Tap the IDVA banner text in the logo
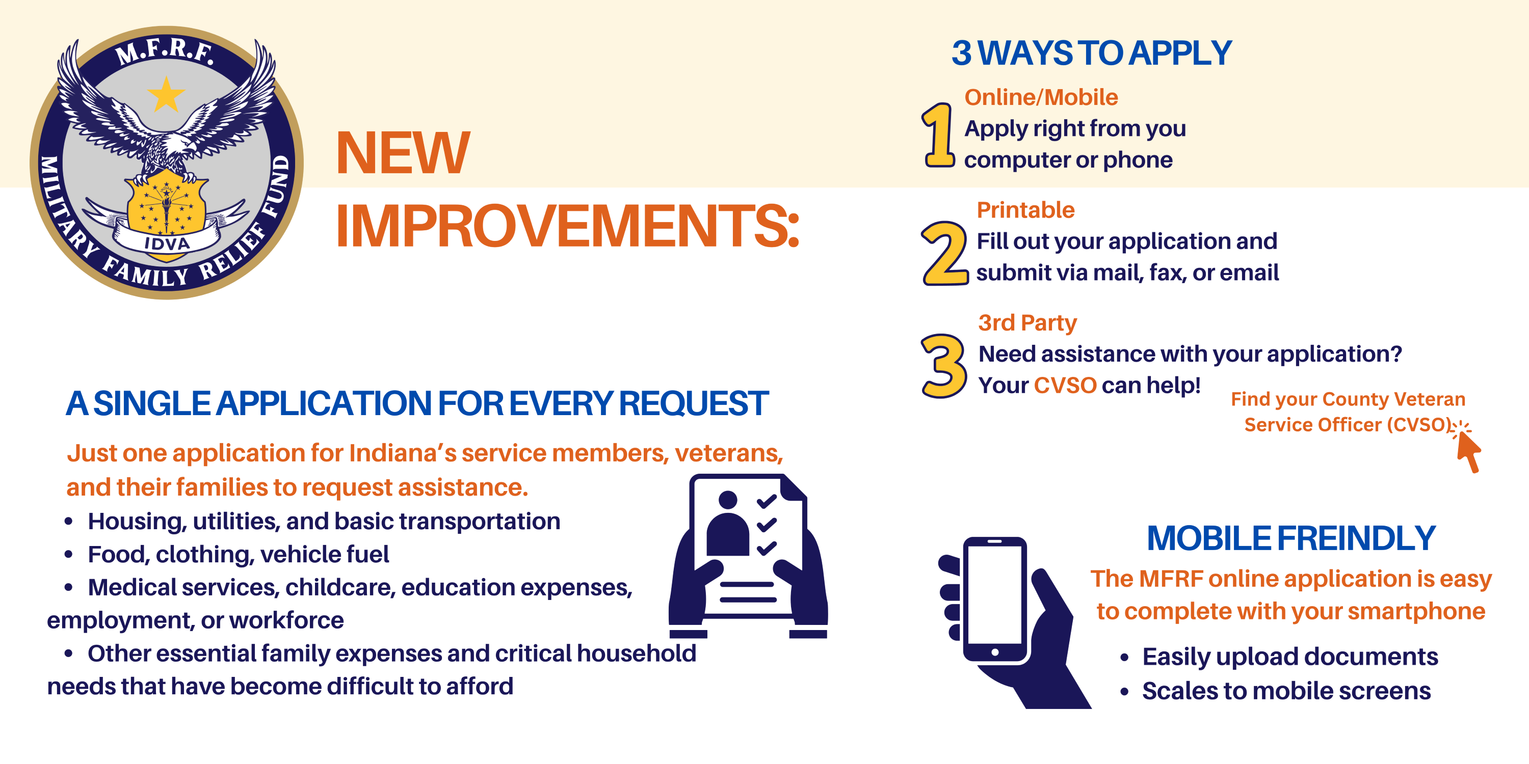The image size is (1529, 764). [167, 242]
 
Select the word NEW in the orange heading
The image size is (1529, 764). [403, 153]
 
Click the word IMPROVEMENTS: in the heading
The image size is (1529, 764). [567, 226]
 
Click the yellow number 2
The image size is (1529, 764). [945, 253]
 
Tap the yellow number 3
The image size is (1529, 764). [944, 366]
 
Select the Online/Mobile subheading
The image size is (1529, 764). [1041, 97]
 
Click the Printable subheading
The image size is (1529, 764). [1025, 210]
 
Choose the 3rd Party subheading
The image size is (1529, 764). [1027, 323]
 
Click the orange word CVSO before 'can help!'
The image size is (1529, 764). [1065, 386]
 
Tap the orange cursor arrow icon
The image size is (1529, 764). [1468, 450]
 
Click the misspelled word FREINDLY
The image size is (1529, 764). [1356, 538]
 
